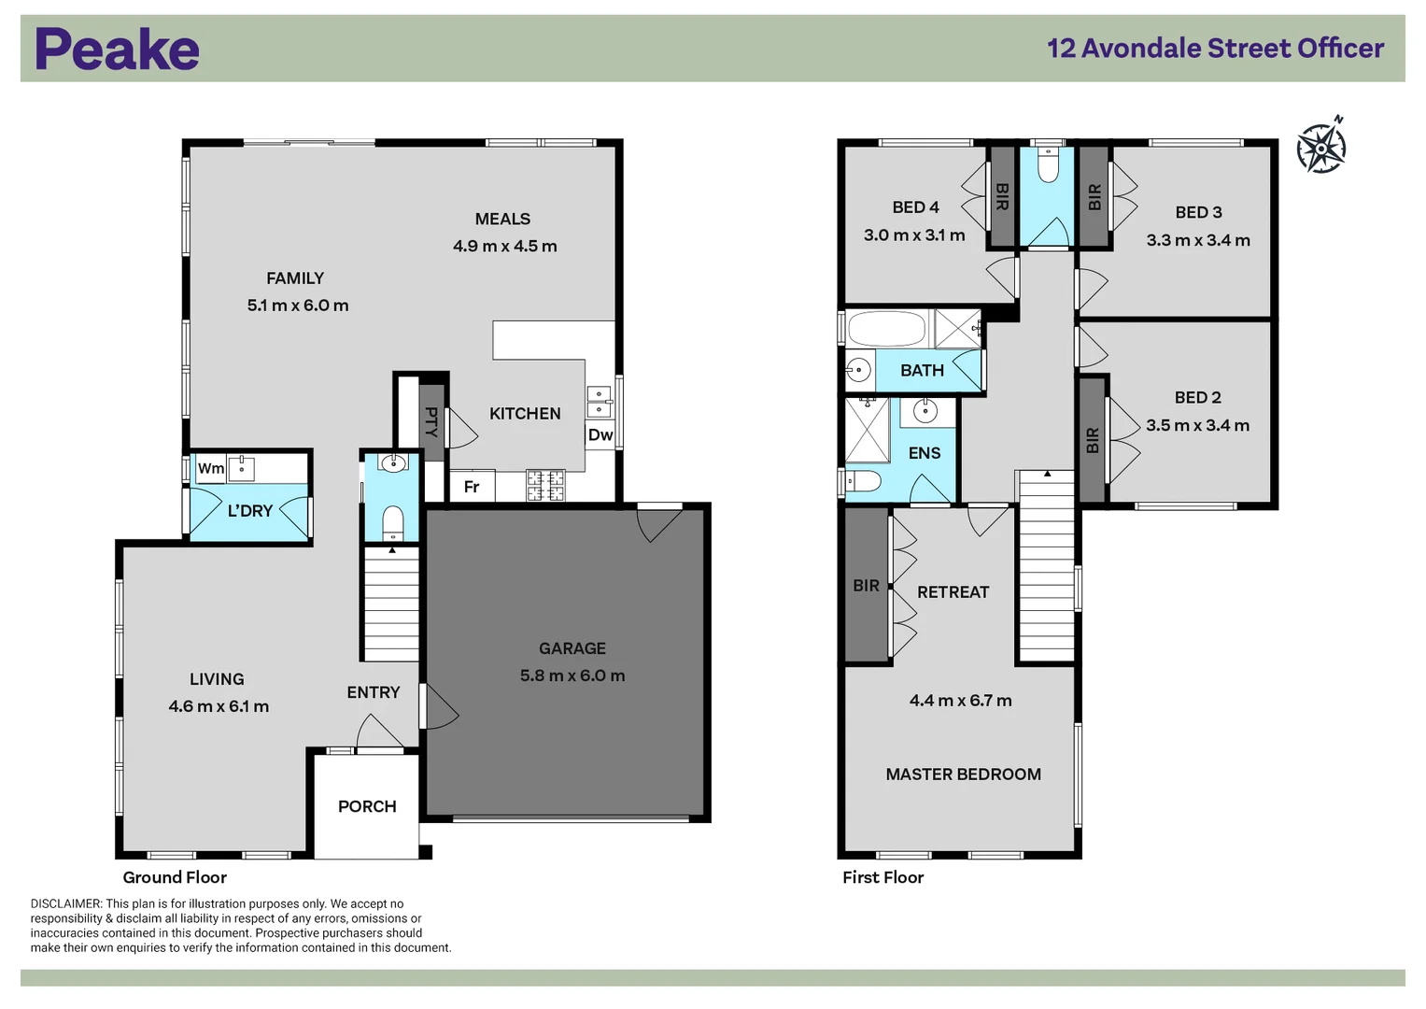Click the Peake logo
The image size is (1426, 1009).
tap(117, 50)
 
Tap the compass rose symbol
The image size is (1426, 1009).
tap(1321, 147)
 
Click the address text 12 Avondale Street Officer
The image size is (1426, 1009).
tap(1215, 49)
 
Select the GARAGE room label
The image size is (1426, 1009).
tap(572, 648)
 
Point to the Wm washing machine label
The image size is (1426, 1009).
tap(210, 468)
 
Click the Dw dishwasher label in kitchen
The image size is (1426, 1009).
tap(600, 435)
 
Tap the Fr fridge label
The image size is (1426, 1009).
tap(472, 487)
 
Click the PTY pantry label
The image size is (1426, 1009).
tap(431, 421)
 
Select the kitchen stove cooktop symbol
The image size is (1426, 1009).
tap(545, 485)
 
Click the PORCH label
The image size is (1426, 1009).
tap(367, 806)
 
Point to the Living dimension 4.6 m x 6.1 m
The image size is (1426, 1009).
tap(219, 706)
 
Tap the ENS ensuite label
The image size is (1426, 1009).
tap(924, 453)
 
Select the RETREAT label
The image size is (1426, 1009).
tap(953, 592)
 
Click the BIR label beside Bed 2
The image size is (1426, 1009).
tap(1093, 440)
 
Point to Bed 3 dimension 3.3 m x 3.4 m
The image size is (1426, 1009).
tap(1198, 240)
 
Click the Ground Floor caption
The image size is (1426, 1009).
tap(175, 877)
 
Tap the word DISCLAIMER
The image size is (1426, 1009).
tap(65, 903)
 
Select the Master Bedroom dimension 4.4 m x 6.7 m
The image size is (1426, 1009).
tap(960, 701)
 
